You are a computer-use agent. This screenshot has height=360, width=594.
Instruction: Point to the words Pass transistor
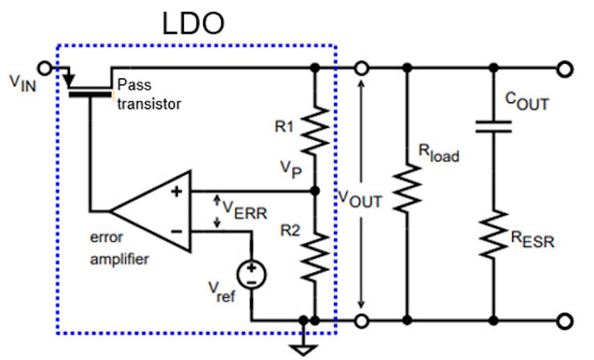coord(149,94)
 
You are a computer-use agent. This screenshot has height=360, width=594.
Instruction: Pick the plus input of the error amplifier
coord(176,191)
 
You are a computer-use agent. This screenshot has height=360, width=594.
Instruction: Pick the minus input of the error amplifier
coord(176,231)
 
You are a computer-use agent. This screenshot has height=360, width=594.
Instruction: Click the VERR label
coord(244,212)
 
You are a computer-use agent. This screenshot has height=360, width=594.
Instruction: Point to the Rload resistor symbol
coord(408,187)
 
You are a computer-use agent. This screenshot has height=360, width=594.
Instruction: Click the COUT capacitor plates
coord(493,127)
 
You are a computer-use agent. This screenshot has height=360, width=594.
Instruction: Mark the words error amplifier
coord(118,247)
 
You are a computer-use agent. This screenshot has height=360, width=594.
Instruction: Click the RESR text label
coord(532,238)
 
